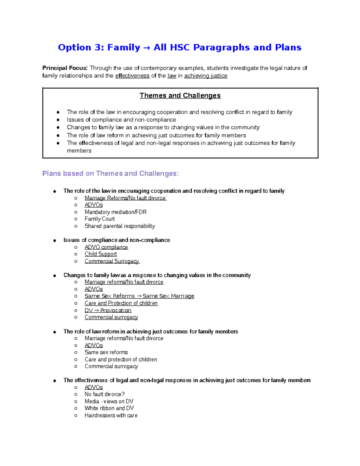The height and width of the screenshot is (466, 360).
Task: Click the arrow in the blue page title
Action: [147, 48]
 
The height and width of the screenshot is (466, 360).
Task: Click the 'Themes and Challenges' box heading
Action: [180, 95]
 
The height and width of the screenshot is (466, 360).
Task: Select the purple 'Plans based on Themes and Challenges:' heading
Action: [110, 173]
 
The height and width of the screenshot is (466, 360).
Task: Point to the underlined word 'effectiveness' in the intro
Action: [132, 76]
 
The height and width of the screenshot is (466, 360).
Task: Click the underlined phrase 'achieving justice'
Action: [205, 76]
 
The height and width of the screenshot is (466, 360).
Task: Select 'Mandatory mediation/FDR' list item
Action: [115, 212]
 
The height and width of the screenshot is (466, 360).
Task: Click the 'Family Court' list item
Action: [100, 219]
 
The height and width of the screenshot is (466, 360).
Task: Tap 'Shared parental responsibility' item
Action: [120, 226]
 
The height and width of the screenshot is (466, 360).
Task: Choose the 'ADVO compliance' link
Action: [106, 247]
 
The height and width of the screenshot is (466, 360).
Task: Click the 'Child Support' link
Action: [100, 254]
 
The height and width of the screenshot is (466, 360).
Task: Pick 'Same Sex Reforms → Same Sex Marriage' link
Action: [139, 296]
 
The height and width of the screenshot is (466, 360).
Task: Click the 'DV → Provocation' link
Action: [108, 310]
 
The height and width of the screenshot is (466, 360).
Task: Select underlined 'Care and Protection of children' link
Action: [121, 303]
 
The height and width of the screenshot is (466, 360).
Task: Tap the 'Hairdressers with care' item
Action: [111, 415]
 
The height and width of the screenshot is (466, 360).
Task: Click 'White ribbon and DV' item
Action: [109, 408]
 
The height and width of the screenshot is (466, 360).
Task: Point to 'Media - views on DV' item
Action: [109, 401]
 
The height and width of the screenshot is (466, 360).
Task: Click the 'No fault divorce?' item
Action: [104, 394]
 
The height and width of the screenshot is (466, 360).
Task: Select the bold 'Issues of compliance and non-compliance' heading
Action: [117, 240]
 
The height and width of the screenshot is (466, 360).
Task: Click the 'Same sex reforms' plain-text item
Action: [106, 352]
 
